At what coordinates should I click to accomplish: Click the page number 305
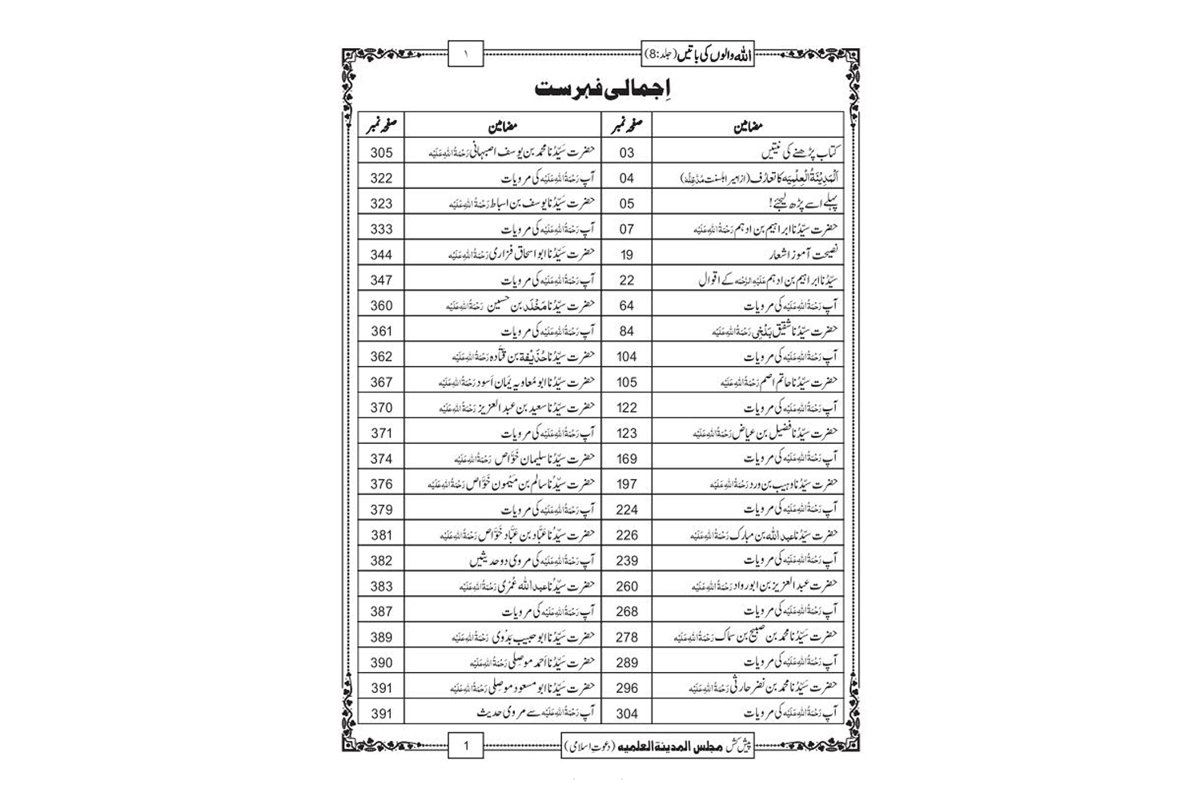coord(381,153)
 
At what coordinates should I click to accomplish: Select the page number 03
coord(626,153)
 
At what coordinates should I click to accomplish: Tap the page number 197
coord(626,484)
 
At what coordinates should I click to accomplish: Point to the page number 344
coord(381,255)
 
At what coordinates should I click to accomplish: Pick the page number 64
coord(626,305)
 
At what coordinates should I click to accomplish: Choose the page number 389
coord(381,637)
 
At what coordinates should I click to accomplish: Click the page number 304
coord(626,714)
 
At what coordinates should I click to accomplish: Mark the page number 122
coord(626,408)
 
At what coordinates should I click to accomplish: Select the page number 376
coord(381,484)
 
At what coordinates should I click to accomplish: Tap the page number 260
coord(626,586)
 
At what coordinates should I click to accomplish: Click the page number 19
coord(626,255)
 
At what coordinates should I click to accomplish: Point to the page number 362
coord(381,356)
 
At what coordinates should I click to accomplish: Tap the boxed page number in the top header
coord(466,54)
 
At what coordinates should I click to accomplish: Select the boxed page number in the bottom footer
coord(466,746)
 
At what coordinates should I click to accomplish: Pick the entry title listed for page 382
coord(532,561)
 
